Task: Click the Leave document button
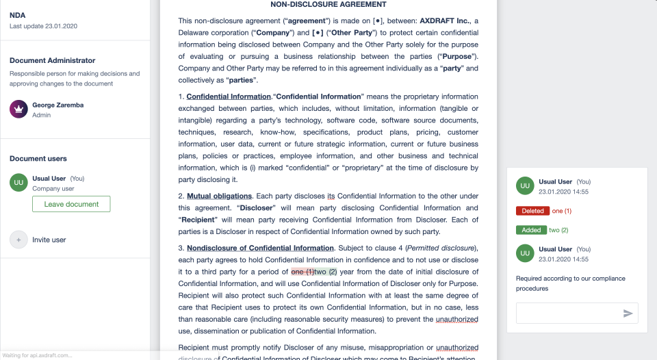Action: coord(71,204)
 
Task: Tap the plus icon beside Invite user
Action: coord(18,240)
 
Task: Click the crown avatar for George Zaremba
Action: coord(18,109)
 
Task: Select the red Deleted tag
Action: coord(532,211)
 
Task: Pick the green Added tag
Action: coord(531,230)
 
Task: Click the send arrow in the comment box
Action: coord(628,313)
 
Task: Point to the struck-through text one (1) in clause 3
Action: coord(302,272)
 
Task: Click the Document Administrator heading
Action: coord(52,61)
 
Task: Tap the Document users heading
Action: coord(38,159)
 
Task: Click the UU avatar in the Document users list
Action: coord(18,183)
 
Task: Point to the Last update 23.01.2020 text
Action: coord(43,26)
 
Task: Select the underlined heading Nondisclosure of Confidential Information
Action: coord(260,248)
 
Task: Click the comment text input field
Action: coord(567,313)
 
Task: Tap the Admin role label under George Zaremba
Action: coord(41,115)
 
